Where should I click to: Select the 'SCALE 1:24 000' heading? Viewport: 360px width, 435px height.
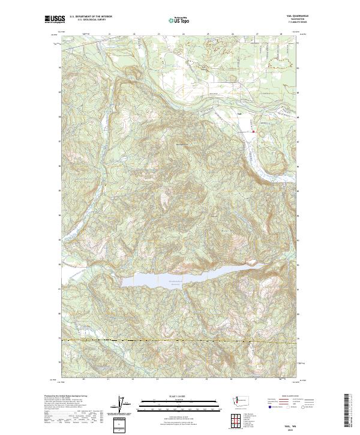coord(175,395)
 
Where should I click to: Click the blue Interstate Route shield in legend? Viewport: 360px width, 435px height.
coord(266,406)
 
